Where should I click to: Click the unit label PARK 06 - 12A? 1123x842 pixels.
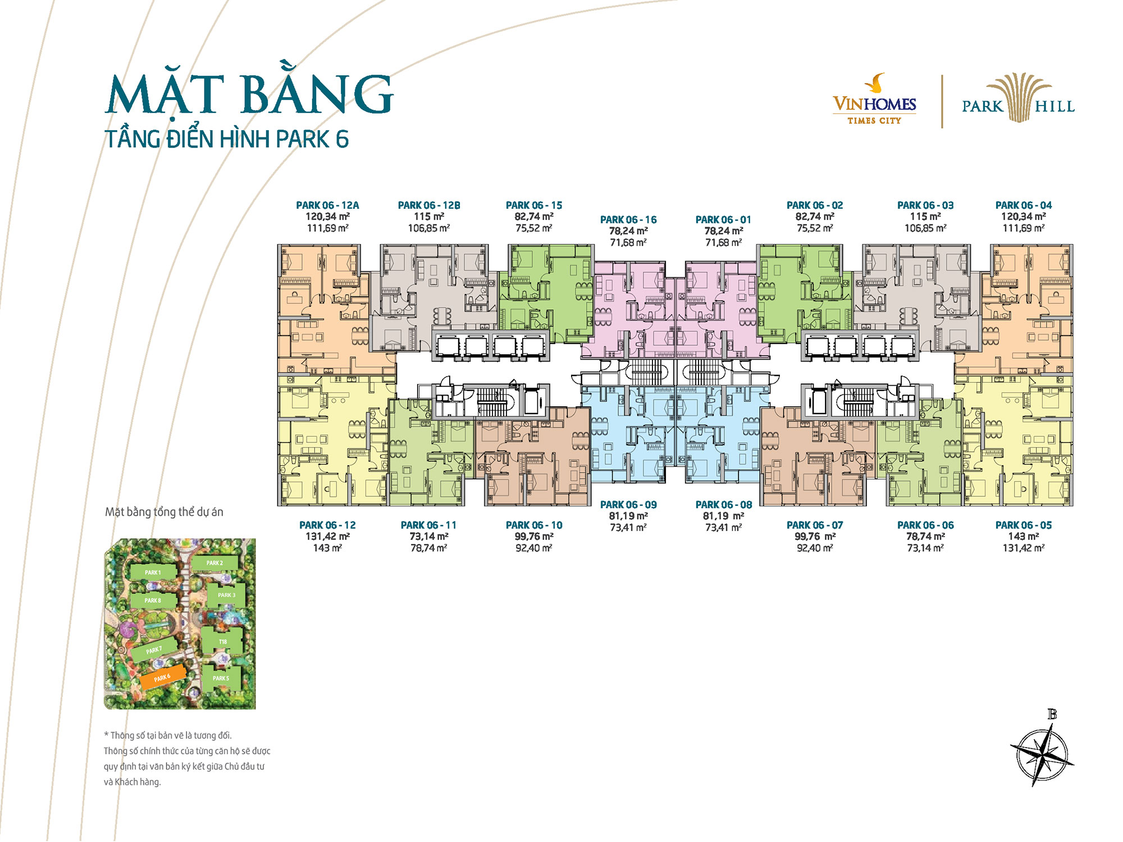pyautogui.click(x=327, y=205)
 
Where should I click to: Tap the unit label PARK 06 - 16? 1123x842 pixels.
pyautogui.click(x=628, y=220)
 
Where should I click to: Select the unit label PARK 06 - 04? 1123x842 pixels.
pyautogui.click(x=1024, y=205)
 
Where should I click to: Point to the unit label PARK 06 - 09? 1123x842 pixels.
pyautogui.click(x=628, y=505)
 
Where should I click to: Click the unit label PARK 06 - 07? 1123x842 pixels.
pyautogui.click(x=815, y=525)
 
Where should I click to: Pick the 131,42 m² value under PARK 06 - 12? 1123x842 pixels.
pyautogui.click(x=327, y=537)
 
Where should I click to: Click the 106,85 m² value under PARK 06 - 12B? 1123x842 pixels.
pyautogui.click(x=429, y=228)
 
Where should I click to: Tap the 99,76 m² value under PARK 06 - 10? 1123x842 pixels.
pyautogui.click(x=534, y=537)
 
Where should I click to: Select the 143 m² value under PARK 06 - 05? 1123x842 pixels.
pyautogui.click(x=1024, y=537)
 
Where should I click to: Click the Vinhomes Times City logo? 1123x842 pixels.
pyautogui.click(x=874, y=99)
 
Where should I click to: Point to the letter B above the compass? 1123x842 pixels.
pyautogui.click(x=1052, y=715)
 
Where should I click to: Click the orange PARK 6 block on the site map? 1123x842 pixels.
pyautogui.click(x=162, y=677)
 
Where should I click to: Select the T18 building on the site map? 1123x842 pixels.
pyautogui.click(x=223, y=640)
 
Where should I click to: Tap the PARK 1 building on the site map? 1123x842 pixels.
pyautogui.click(x=153, y=573)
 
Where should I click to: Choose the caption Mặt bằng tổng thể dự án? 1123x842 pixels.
pyautogui.click(x=164, y=512)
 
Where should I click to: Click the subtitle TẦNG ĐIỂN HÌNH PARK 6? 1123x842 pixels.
pyautogui.click(x=226, y=139)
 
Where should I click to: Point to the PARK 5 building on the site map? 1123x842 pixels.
pyautogui.click(x=221, y=678)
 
